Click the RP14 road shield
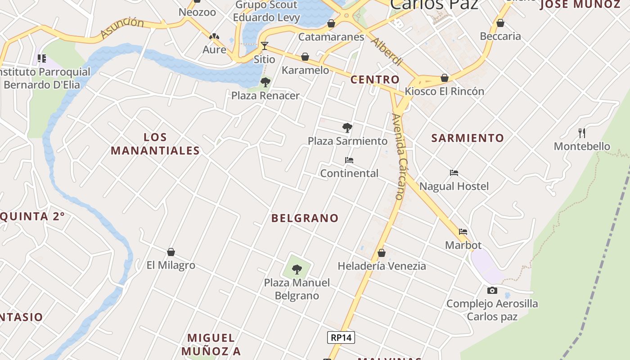click(x=341, y=337)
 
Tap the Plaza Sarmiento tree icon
click(x=347, y=128)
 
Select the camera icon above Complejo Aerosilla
click(x=492, y=290)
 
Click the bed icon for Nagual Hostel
click(x=454, y=173)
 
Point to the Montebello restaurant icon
click(x=582, y=133)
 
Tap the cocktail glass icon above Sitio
click(x=264, y=46)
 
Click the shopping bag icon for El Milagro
click(x=171, y=252)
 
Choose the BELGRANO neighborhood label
click(x=305, y=218)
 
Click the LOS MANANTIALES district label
click(x=155, y=144)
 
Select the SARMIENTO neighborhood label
click(x=468, y=138)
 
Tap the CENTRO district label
click(x=375, y=80)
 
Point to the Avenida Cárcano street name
click(x=399, y=156)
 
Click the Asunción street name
click(x=122, y=28)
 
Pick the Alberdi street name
click(x=387, y=51)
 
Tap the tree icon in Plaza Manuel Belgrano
click(x=297, y=270)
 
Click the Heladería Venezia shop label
click(x=382, y=266)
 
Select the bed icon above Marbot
click(x=463, y=232)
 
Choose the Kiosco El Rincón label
click(x=444, y=91)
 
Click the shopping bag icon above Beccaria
click(x=500, y=23)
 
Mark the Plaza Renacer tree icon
click(x=265, y=82)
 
